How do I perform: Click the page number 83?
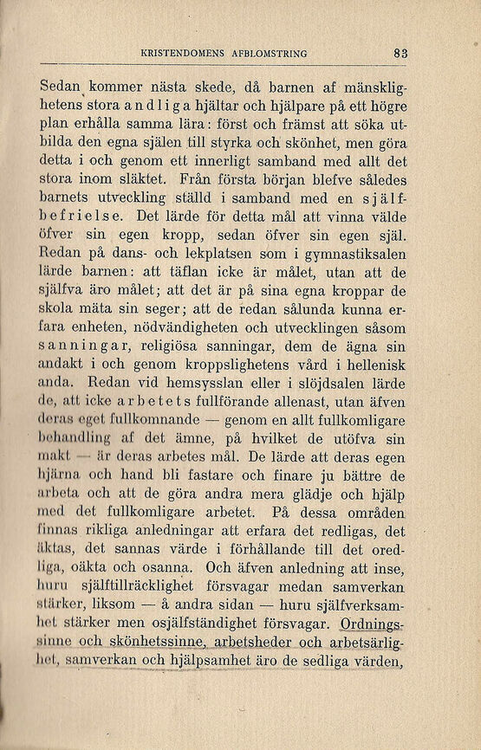tap(399, 53)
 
